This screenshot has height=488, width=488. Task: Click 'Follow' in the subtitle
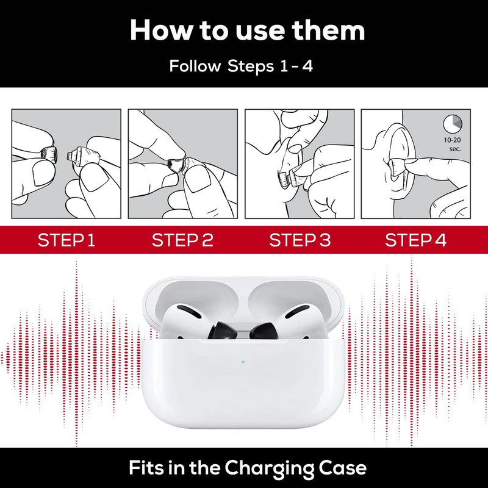coord(195,66)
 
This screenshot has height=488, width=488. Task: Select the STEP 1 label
coord(66,240)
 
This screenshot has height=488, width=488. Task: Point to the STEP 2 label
coord(182,240)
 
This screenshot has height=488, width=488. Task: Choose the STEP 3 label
coord(300,240)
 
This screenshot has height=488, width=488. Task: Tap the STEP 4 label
coord(415,240)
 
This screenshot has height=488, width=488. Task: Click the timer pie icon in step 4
coord(453,124)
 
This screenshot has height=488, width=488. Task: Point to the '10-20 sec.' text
coord(453,145)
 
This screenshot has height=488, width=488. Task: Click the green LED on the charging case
coord(243,362)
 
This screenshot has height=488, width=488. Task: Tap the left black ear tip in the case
coord(222,331)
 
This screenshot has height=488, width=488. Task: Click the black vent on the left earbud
coord(189,311)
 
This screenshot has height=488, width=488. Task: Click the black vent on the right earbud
coord(297,311)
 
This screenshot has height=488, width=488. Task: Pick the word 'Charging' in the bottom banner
coord(269,468)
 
